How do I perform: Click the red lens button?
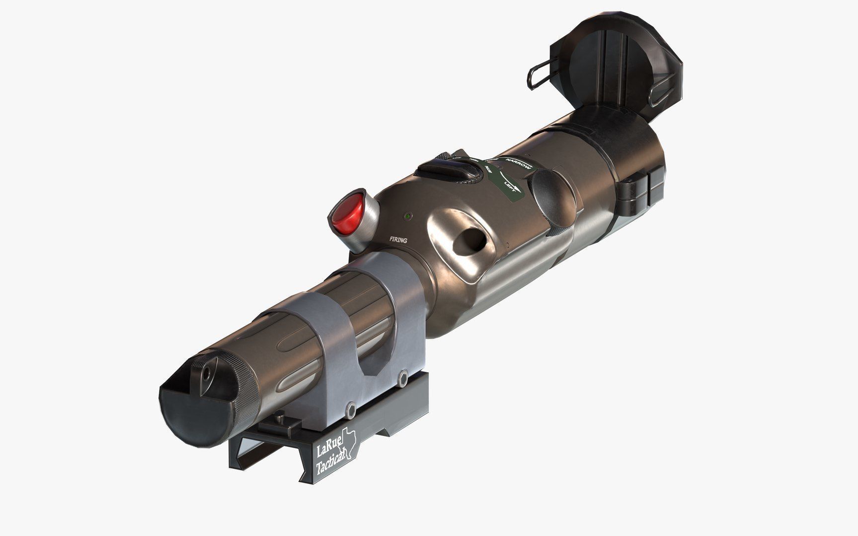tap(347, 216)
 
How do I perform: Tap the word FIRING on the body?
tap(398, 240)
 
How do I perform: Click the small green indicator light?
tap(407, 216)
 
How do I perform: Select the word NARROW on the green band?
tap(518, 164)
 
